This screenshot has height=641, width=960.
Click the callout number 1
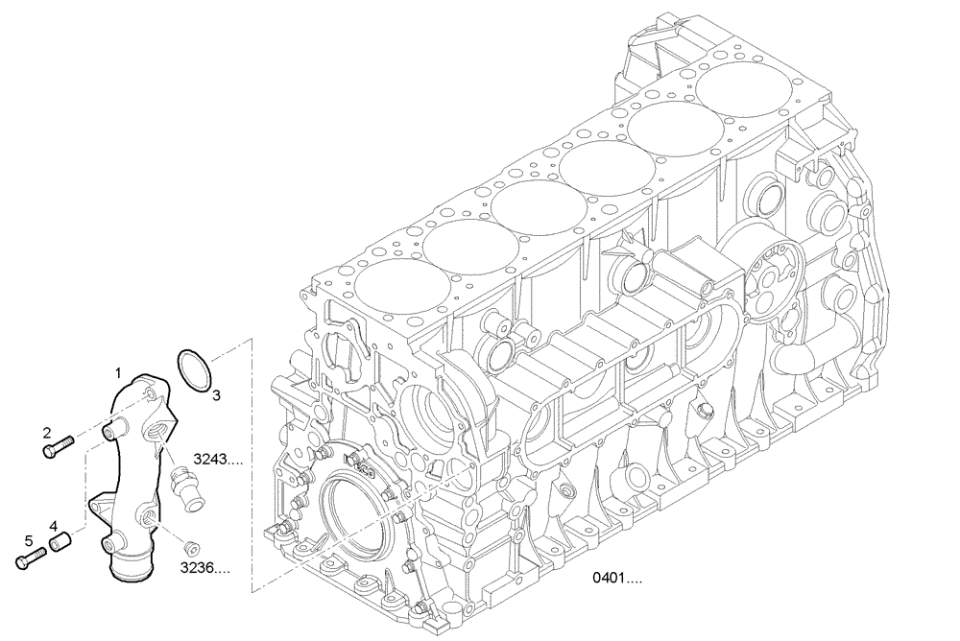pyautogui.click(x=119, y=371)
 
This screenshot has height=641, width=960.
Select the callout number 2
pyautogui.click(x=46, y=434)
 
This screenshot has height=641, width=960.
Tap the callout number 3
pyautogui.click(x=216, y=394)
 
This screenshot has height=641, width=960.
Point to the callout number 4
pyautogui.click(x=54, y=526)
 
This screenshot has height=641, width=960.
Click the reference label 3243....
pyautogui.click(x=217, y=460)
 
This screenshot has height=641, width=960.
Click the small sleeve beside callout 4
pyautogui.click(x=62, y=544)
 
